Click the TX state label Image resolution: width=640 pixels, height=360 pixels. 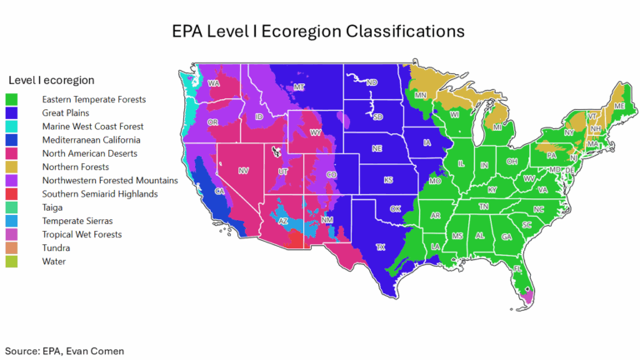pos(381,247)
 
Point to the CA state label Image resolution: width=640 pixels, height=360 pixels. pos(220,192)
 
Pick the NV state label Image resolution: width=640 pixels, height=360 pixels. pos(243,171)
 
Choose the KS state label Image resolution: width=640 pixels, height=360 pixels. pos(388,180)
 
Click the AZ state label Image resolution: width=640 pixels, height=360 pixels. pos(282,221)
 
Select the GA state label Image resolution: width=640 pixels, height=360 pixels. pos(506,237)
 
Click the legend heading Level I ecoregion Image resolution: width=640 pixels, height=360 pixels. pos(52,80)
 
